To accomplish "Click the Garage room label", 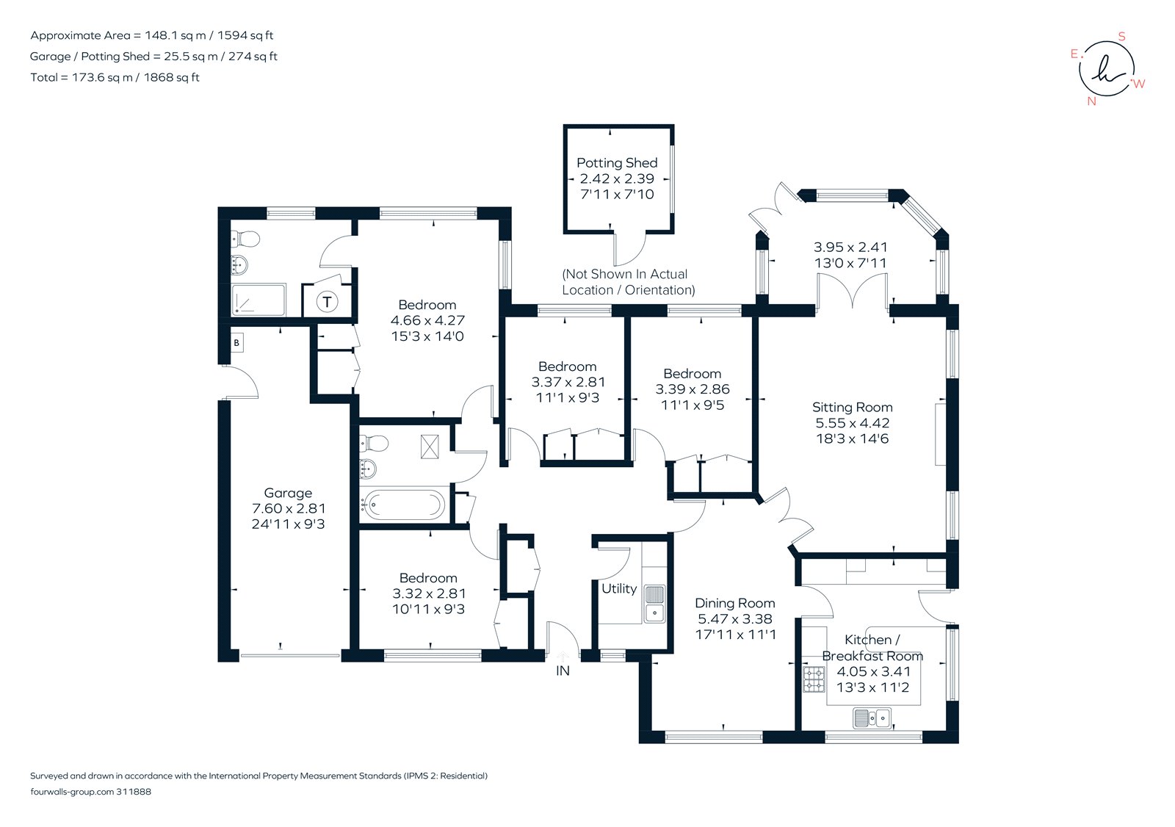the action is [288, 493].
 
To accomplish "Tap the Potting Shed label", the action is [617, 162].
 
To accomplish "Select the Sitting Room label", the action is [852, 407].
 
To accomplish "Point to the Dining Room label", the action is [734, 603].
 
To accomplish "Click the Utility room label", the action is [618, 588].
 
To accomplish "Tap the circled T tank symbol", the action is [327, 301].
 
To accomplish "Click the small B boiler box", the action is [236, 342].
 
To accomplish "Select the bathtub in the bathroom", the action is [404, 505].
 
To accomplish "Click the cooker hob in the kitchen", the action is [814, 679].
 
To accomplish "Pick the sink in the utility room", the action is [654, 603].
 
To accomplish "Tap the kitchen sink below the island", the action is [872, 718].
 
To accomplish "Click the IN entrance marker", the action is [563, 671].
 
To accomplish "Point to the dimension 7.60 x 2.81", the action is [288, 508].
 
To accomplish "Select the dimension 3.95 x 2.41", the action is [850, 247].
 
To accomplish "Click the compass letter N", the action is [1091, 101].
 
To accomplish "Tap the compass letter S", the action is [1121, 36].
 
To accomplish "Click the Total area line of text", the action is [115, 77].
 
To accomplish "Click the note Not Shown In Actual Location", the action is [628, 282].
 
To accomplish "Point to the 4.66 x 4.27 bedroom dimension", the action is [427, 320].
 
